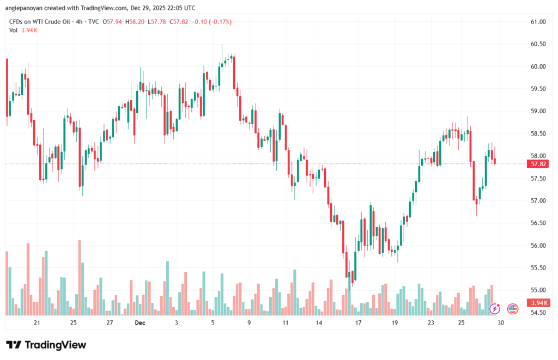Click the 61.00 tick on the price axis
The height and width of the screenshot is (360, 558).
pyautogui.click(x=538, y=22)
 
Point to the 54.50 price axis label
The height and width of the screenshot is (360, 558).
pyautogui.click(x=538, y=313)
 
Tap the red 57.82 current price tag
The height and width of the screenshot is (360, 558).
pyautogui.click(x=538, y=163)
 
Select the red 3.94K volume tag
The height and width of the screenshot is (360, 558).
pyautogui.click(x=538, y=303)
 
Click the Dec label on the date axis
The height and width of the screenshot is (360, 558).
pyautogui.click(x=140, y=322)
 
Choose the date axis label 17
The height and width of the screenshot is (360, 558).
pyautogui.click(x=358, y=322)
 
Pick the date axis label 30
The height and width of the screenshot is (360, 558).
pyautogui.click(x=500, y=322)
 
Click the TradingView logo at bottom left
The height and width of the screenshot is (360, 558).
pyautogui.click(x=46, y=345)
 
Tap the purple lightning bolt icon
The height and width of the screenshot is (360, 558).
pyautogui.click(x=495, y=309)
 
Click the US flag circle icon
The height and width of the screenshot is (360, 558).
pyautogui.click(x=513, y=309)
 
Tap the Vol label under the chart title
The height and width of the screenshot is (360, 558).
pyautogui.click(x=14, y=30)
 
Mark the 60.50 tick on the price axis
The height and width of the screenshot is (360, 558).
pyautogui.click(x=538, y=44)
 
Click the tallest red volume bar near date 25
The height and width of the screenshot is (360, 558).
pyautogui.click(x=80, y=277)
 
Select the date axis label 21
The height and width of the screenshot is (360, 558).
pyautogui.click(x=37, y=322)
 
